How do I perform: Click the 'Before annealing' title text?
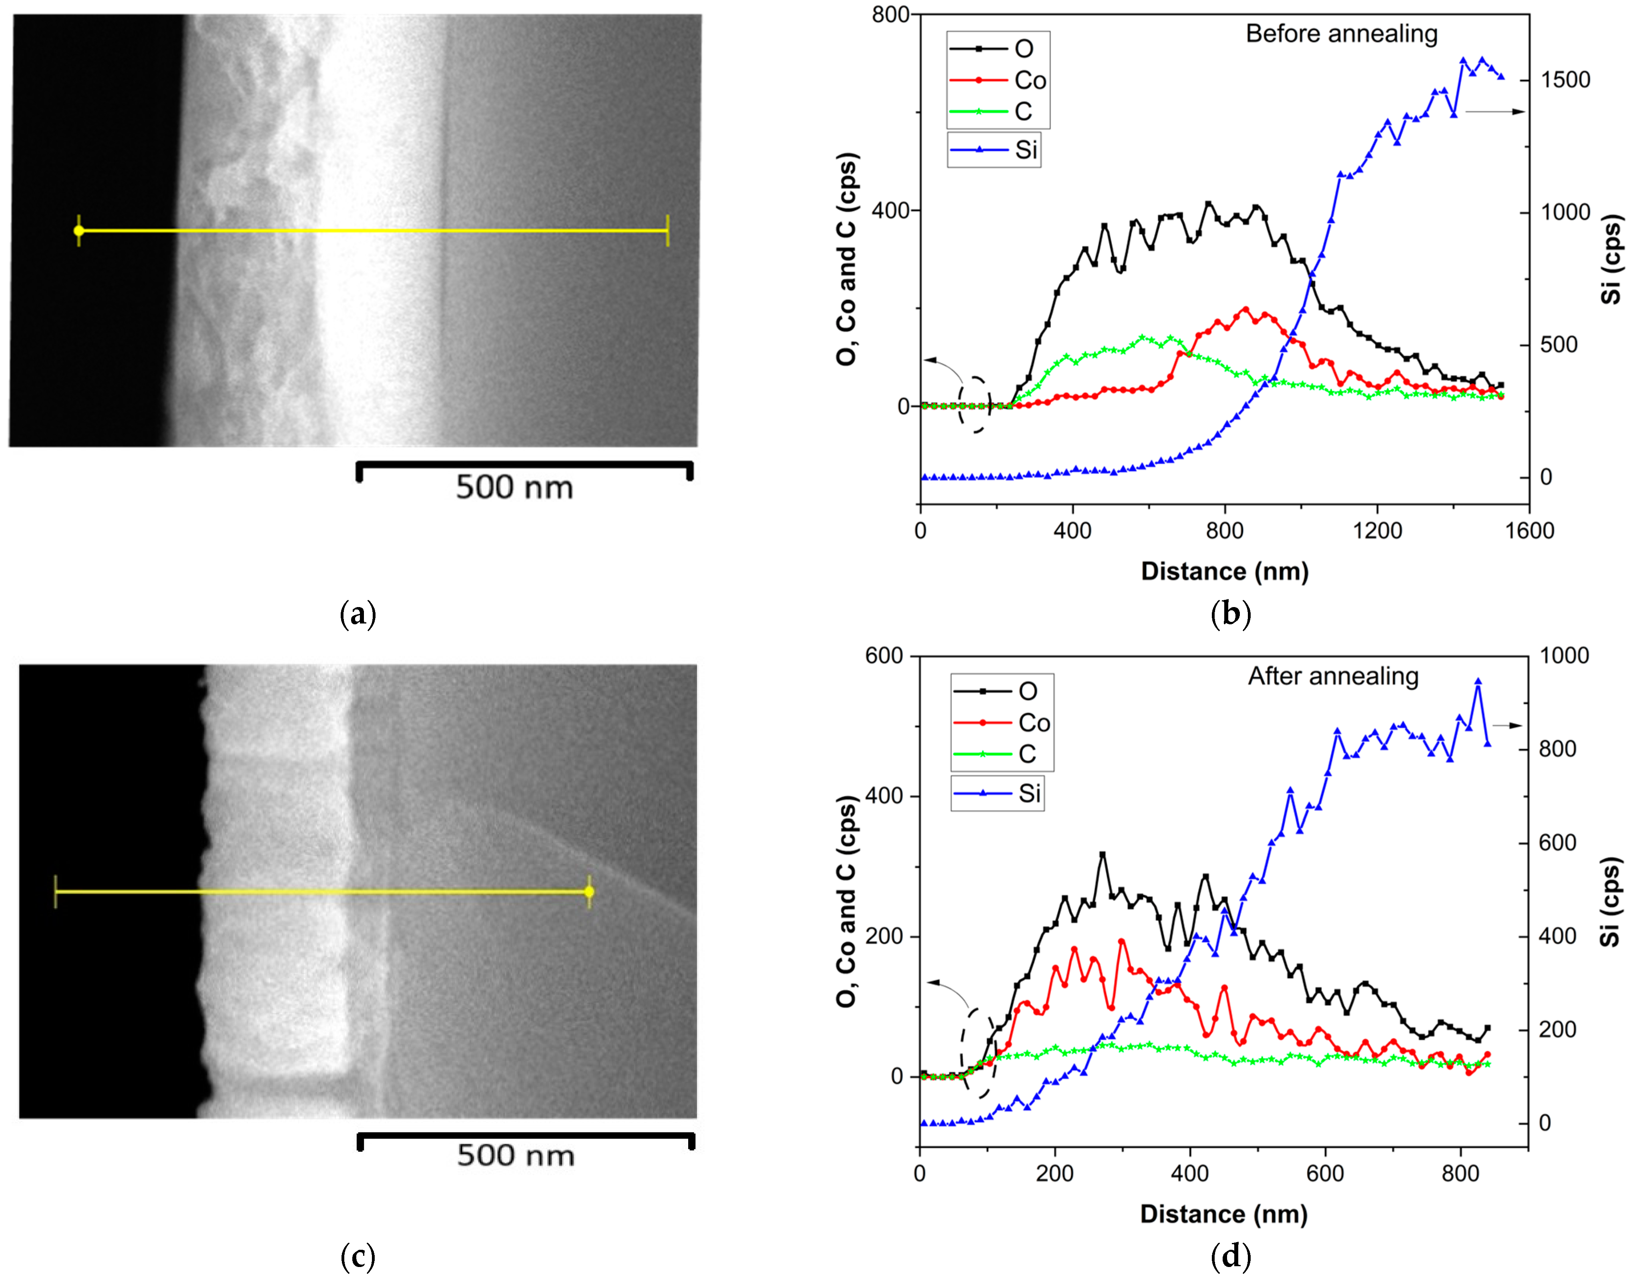(1341, 34)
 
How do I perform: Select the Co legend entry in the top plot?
(1029, 80)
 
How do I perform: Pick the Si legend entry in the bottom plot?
(1029, 794)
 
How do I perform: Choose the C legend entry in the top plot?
(1022, 112)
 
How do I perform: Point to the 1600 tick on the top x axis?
(1529, 531)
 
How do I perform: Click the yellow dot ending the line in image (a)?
(79, 231)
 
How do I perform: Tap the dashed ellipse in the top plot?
(974, 405)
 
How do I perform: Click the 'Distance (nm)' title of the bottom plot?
(1223, 1214)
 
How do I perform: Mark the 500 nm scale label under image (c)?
(516, 1155)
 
